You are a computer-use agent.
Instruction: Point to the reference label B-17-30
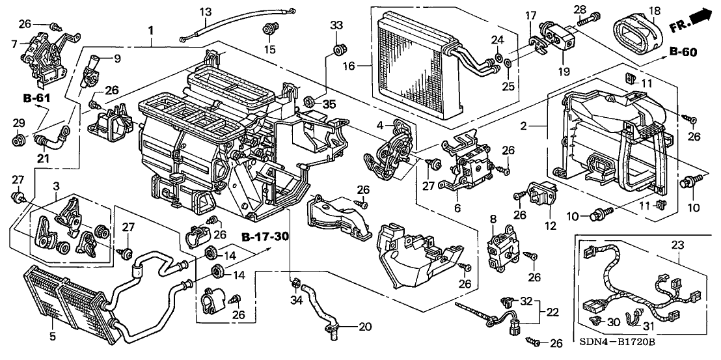(x=264, y=236)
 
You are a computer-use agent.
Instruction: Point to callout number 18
(x=654, y=10)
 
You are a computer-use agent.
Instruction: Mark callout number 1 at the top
(x=151, y=31)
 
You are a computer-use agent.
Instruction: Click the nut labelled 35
(x=310, y=102)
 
